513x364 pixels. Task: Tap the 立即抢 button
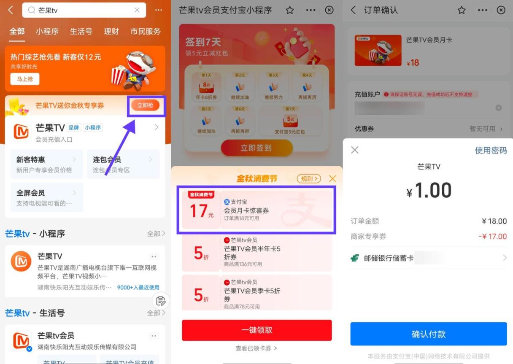(145, 105)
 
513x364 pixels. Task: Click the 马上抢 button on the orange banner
(25, 79)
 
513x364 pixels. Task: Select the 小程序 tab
(47, 32)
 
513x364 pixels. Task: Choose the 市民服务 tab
(145, 32)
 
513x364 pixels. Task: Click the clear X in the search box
(137, 11)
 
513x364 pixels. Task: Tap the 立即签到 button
(256, 148)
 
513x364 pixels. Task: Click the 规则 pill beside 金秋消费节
(309, 179)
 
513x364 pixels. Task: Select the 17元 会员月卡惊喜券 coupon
(256, 210)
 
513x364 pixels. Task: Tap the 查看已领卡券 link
(256, 348)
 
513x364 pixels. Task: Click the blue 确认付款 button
(428, 334)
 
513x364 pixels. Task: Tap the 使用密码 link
(491, 151)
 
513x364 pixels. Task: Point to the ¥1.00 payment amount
(429, 191)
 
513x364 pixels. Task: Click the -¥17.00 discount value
(492, 236)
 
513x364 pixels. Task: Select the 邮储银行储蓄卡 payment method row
(428, 258)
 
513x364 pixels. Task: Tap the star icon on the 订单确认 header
(462, 11)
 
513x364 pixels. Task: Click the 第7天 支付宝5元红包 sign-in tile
(290, 121)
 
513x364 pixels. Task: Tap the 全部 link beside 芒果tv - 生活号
(156, 313)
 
